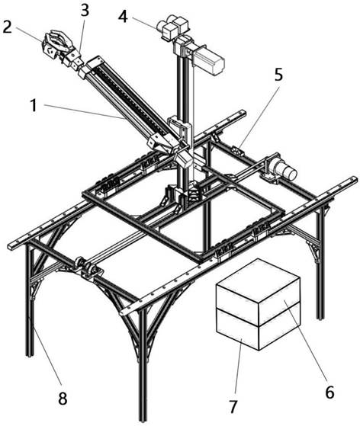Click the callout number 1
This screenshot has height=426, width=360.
coord(34,105)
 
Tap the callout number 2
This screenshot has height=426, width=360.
coord(7,27)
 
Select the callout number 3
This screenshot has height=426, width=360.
coord(85,11)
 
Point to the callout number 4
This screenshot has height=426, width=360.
coord(123,17)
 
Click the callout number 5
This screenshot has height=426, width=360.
coord(278,75)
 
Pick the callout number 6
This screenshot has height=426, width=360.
coord(329,392)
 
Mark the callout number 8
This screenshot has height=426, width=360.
coord(63,399)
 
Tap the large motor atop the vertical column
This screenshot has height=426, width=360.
coord(209,59)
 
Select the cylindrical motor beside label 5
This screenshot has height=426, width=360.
coord(284,169)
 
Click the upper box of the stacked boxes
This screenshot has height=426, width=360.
coord(258,291)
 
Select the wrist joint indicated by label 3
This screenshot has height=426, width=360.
coord(72,59)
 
